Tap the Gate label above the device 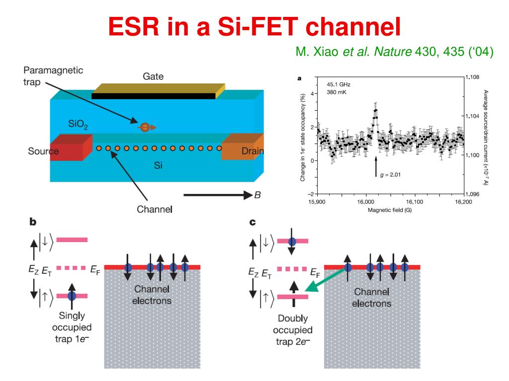click(153, 76)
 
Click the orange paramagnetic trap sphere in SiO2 click(145, 127)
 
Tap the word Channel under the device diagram click(155, 209)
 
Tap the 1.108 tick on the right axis click(474, 77)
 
